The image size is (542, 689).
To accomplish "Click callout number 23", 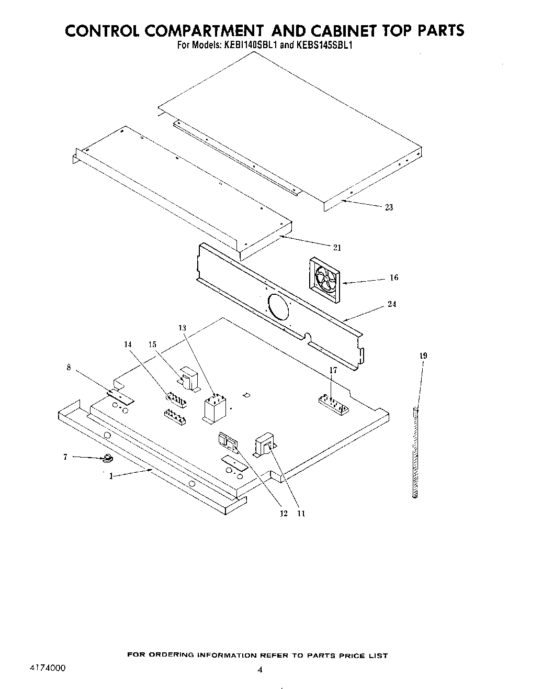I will point(389,207).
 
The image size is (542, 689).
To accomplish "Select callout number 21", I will point(337,248).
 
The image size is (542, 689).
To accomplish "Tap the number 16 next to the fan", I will point(394,277).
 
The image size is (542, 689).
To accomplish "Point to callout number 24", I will point(392,304).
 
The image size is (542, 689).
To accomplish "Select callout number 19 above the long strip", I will point(423,356).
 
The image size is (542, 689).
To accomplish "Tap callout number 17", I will point(333,370).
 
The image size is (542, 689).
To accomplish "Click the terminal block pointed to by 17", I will point(334,404).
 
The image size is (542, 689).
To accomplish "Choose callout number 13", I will point(182,328).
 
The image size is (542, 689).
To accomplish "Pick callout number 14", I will point(128,344).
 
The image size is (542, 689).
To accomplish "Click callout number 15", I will point(152,344).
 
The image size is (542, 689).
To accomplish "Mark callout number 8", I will point(69,367).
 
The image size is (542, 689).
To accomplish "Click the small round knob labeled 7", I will point(108,459).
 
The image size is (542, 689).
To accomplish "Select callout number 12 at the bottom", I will point(284,514).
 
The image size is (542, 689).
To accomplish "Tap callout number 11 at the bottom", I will point(301,514).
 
